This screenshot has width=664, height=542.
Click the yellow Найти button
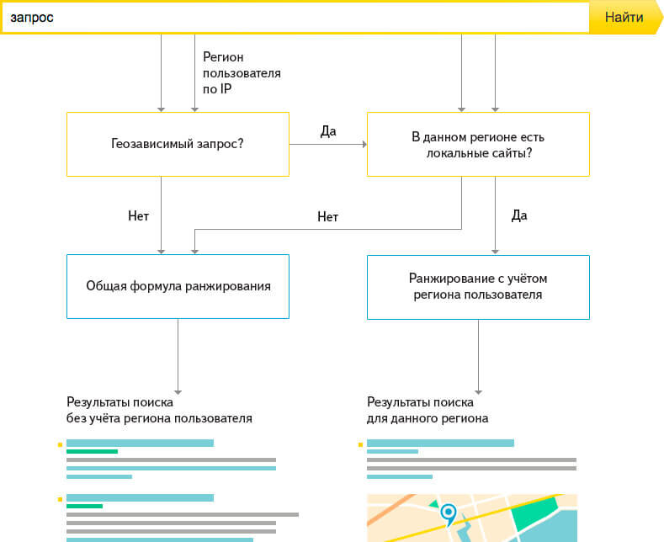[624, 18]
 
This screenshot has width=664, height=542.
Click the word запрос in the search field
[32, 18]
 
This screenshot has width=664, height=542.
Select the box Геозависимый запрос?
[178, 144]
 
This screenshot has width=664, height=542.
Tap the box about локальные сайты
[478, 144]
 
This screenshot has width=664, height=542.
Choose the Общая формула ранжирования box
[178, 286]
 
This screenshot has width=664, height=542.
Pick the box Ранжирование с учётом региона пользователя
[478, 286]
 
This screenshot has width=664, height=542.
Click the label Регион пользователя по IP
[242, 72]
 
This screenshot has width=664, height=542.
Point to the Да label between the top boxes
[328, 131]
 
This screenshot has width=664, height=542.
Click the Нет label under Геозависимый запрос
[138, 215]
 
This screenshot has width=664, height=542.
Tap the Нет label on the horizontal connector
[327, 216]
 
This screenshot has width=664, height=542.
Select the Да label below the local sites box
[519, 215]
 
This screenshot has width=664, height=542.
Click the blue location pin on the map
[449, 512]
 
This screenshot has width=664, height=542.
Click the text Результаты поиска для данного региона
[428, 410]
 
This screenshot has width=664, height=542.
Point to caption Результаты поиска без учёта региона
[159, 410]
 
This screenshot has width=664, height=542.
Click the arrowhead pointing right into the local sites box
[364, 145]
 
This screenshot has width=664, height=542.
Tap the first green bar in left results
[92, 452]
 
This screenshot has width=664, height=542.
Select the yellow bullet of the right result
[361, 444]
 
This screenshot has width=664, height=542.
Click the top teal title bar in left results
[140, 443]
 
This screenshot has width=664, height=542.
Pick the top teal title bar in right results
[440, 443]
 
